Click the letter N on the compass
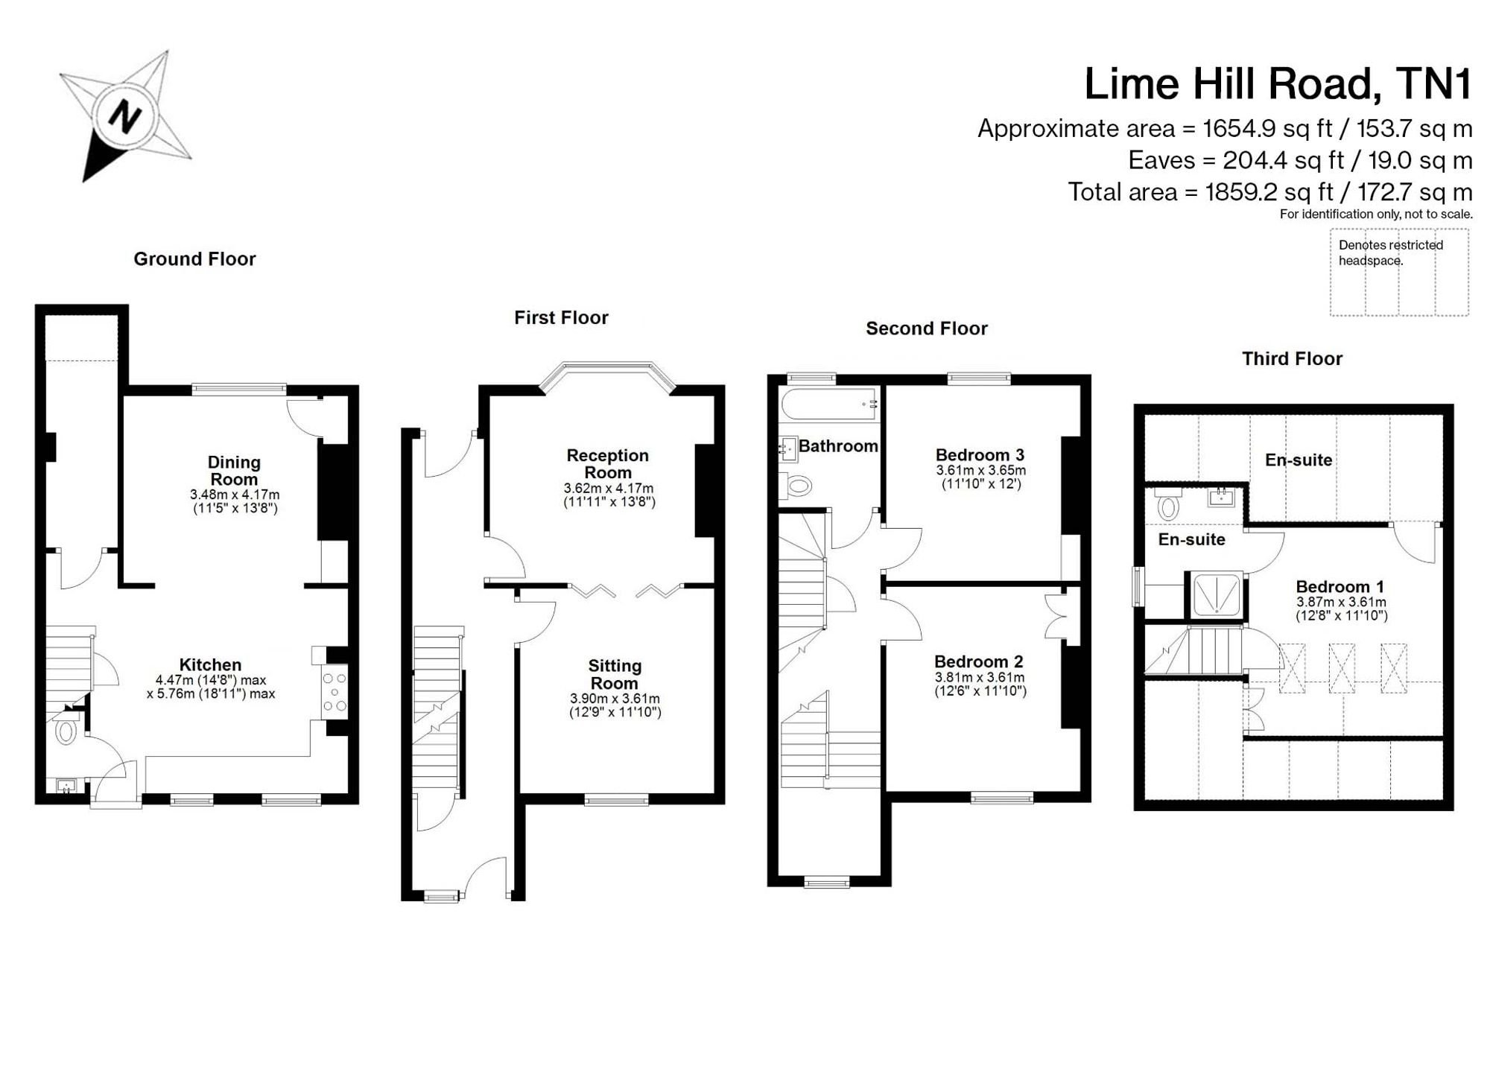coord(124,117)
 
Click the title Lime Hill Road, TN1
coord(1278,83)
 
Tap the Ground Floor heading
coord(194,259)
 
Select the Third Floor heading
coord(1292,359)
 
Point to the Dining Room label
coord(234,471)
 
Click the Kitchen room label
coord(210,665)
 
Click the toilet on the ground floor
coord(66,731)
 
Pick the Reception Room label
coord(608,464)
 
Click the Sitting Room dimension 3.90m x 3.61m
coord(615,699)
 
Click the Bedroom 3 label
coord(980,455)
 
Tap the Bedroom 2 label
coord(979,661)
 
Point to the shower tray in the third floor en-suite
coord(1216,595)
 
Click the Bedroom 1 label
coord(1341,587)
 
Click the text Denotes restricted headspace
coord(1390,253)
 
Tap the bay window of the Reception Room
coord(607,375)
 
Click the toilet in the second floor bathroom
coord(797,486)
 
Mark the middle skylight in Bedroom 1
coord(1342,668)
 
